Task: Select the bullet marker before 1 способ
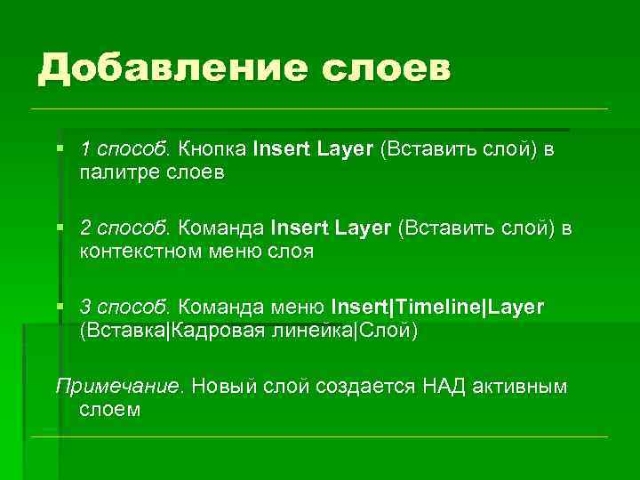[x=60, y=148]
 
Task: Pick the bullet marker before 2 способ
[x=60, y=228]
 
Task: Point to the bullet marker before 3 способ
[x=60, y=307]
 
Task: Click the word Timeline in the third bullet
[x=439, y=308]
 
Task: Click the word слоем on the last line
[x=110, y=411]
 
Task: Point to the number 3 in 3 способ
[x=85, y=308]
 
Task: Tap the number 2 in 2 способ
[x=85, y=228]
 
